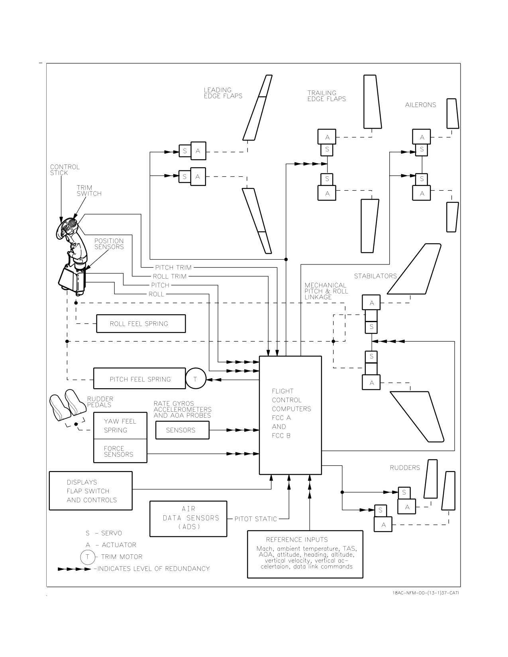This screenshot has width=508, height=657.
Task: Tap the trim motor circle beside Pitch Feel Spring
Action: [196, 379]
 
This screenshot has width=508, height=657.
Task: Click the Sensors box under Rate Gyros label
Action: [182, 430]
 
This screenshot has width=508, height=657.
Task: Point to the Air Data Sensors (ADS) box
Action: [188, 519]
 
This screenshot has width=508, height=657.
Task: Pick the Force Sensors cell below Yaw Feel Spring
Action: [120, 451]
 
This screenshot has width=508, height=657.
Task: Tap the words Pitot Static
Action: [256, 519]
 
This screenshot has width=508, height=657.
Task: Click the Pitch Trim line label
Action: [173, 268]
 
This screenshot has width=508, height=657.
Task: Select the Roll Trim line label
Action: [169, 276]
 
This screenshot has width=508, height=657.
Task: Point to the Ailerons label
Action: [421, 105]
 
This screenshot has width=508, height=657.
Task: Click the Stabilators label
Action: [375, 276]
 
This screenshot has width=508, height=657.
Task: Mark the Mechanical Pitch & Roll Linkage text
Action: [326, 291]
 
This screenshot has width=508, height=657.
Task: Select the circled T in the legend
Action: [88, 557]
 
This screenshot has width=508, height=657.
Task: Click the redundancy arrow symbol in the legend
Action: [75, 569]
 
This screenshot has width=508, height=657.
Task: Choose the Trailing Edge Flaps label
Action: [326, 96]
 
